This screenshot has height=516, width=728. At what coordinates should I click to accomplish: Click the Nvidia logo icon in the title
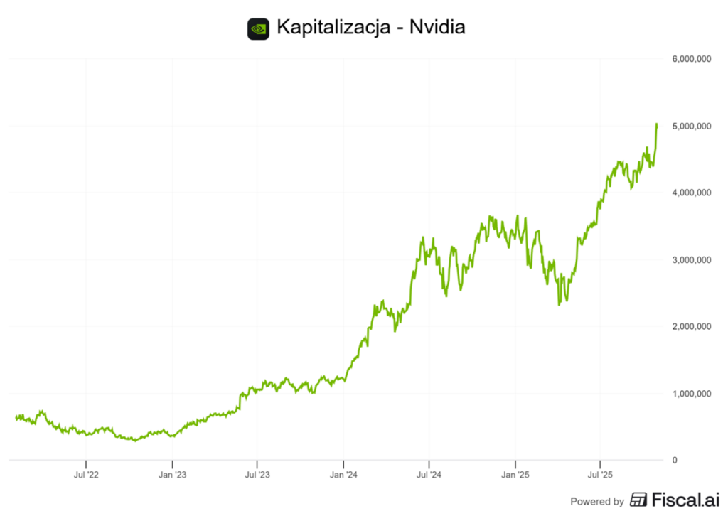258,29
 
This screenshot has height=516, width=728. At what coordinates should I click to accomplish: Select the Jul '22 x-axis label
86,473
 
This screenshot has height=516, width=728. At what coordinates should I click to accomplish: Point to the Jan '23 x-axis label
171,473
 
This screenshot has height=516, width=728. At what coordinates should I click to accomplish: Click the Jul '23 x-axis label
257,473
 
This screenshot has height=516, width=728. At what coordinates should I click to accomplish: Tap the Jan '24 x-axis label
343,473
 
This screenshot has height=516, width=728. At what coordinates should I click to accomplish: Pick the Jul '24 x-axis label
429,473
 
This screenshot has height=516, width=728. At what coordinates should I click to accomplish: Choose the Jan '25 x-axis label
515,473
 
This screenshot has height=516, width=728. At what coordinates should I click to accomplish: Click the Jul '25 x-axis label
601,473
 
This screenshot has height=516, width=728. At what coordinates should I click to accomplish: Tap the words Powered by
597,501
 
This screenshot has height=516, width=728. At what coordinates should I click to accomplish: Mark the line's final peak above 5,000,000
656,124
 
